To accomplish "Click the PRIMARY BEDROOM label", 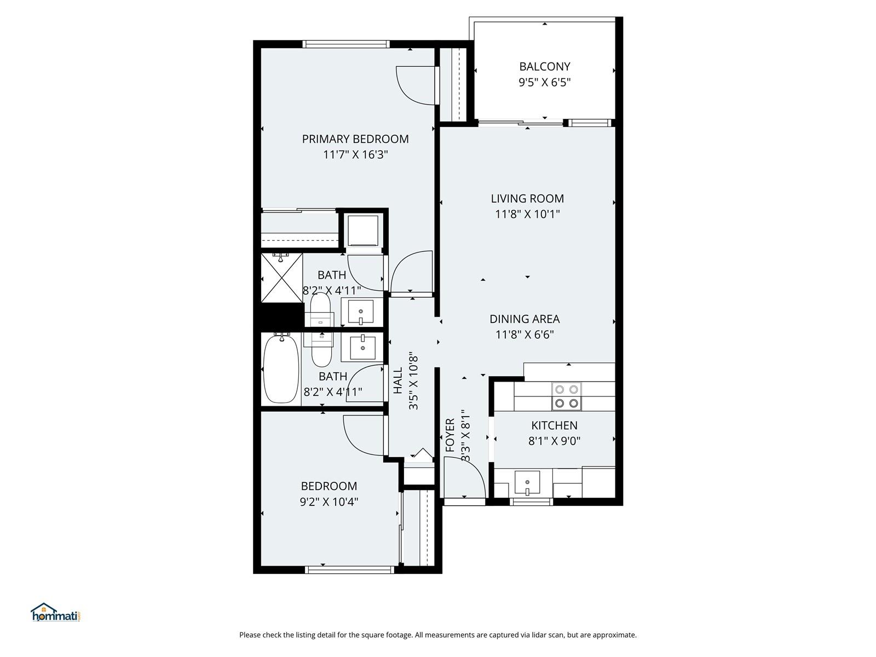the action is click(x=355, y=139).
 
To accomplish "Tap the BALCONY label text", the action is click(x=544, y=66).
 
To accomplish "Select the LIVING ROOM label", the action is click(x=527, y=198).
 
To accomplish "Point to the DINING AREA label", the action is click(x=525, y=319).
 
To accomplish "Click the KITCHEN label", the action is click(x=554, y=425).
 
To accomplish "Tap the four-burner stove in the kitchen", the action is click(x=567, y=396).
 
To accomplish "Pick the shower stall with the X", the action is click(x=282, y=278).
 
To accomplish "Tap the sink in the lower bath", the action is click(x=363, y=347).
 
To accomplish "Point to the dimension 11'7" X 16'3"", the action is click(x=355, y=154).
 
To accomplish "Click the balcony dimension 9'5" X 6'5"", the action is click(x=544, y=82).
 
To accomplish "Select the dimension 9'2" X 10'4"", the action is click(x=329, y=502).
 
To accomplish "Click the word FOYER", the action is click(x=450, y=435).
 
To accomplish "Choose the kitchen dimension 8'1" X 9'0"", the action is click(x=554, y=441).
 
